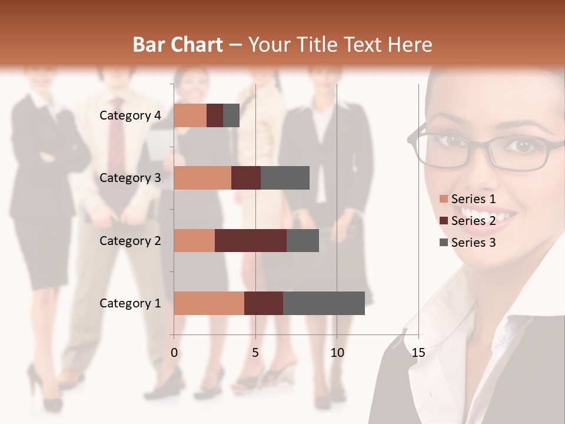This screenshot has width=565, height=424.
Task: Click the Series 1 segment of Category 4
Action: pyautogui.click(x=190, y=115)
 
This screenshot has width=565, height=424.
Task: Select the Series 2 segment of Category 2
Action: pyautogui.click(x=251, y=240)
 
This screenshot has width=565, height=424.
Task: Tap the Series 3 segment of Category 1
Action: pyautogui.click(x=324, y=303)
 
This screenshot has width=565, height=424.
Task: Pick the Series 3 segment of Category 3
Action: pyautogui.click(x=285, y=178)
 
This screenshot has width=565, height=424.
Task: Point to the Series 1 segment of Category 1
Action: pyautogui.click(x=209, y=303)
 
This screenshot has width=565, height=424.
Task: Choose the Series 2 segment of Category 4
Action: pyautogui.click(x=215, y=115)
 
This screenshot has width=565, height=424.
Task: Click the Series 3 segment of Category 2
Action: pyautogui.click(x=303, y=240)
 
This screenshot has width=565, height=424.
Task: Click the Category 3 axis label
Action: pyautogui.click(x=130, y=178)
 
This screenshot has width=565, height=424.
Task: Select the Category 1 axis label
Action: pyautogui.click(x=130, y=303)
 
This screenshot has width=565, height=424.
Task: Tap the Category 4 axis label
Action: pyautogui.click(x=130, y=115)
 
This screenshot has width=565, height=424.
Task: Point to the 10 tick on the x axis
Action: pyautogui.click(x=337, y=353)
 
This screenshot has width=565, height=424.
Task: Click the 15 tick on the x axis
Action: pyautogui.click(x=418, y=353)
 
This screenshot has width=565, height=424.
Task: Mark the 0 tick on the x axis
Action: pyautogui.click(x=174, y=353)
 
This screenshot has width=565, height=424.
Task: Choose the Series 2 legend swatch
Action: pyautogui.click(x=443, y=221)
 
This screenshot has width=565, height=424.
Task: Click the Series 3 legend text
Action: pyautogui.click(x=473, y=243)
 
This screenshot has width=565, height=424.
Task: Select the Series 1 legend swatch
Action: pyautogui.click(x=443, y=199)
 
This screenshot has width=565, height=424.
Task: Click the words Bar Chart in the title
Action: pyautogui.click(x=178, y=45)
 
